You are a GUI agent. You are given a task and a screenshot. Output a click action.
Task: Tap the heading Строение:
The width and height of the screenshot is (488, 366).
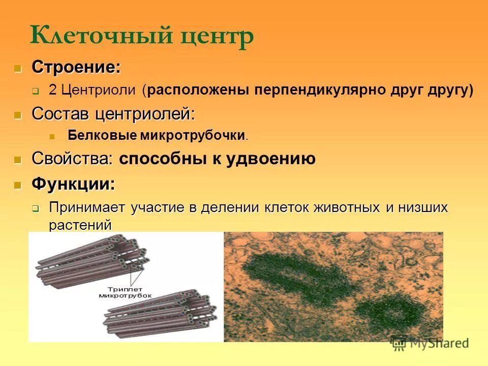tap(76, 67)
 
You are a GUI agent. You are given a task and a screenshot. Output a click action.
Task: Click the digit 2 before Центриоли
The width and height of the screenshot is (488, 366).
tap(52, 90)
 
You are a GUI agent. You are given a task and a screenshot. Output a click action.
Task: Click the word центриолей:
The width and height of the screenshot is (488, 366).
tap(145, 114)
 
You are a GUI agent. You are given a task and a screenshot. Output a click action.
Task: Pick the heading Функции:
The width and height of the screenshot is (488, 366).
tap(73, 183)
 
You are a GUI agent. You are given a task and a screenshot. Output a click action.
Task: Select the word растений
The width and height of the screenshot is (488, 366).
tap(80, 224)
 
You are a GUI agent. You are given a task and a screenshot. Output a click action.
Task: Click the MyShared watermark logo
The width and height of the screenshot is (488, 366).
tap(430, 343)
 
